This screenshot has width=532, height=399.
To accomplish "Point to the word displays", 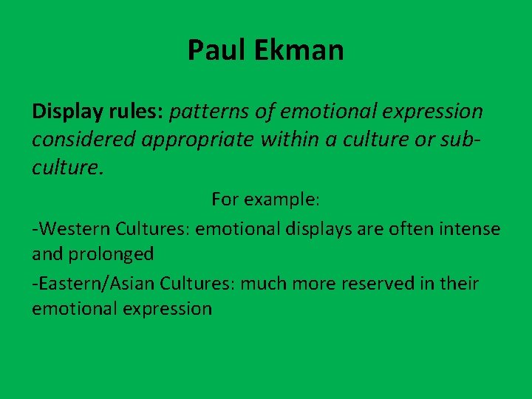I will point(323,229).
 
